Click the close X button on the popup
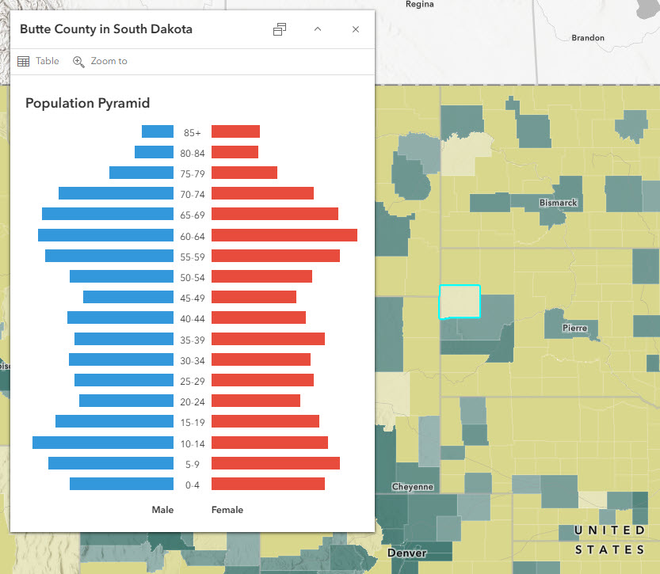[356, 29]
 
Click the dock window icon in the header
[280, 29]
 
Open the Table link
[39, 61]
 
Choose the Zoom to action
[100, 61]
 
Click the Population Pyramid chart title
[88, 103]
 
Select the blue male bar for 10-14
[103, 443]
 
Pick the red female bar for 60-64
[284, 235]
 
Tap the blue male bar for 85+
[158, 132]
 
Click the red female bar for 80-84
[235, 152]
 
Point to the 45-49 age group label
[193, 298]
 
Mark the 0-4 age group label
[193, 485]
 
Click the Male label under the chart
[162, 510]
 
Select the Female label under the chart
[227, 510]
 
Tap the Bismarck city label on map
[558, 203]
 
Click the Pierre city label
[574, 328]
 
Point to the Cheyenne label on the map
[412, 487]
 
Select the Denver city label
[406, 553]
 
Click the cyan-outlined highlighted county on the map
[460, 302]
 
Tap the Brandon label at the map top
[588, 37]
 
